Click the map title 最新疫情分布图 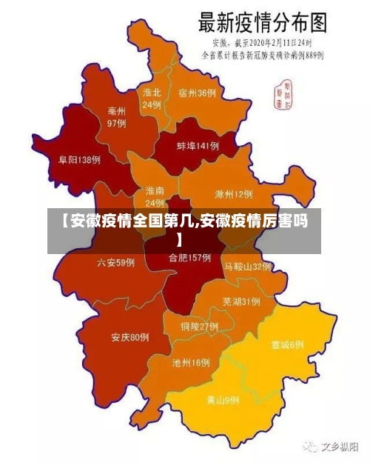[x=263, y=22]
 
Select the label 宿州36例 [x=197, y=93]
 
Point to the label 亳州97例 [x=117, y=116]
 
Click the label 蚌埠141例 [x=198, y=146]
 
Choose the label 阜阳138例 [x=79, y=159]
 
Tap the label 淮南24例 [x=155, y=196]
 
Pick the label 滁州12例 [x=233, y=195]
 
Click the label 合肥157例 [x=189, y=258]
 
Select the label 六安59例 [x=115, y=262]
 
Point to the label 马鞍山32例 [x=248, y=266]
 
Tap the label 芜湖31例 [x=240, y=302]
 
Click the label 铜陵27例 [x=199, y=326]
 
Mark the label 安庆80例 [x=130, y=338]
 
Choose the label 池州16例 [x=191, y=363]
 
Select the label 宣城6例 [x=287, y=344]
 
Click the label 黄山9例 [x=223, y=401]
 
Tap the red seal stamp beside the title [x=283, y=92]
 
